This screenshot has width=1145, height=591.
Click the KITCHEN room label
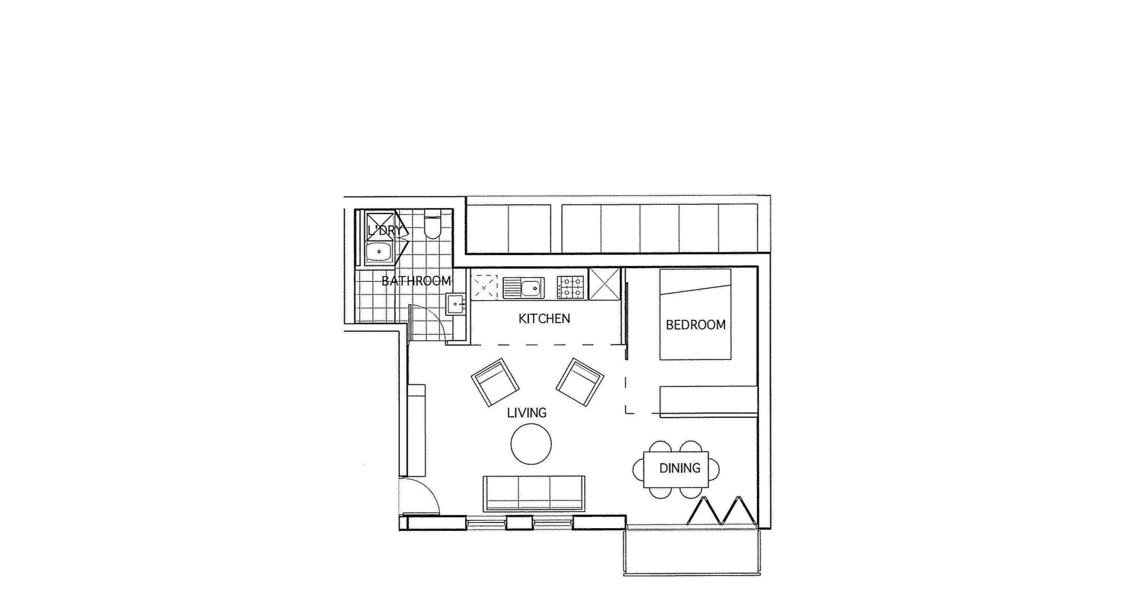pos(544,319)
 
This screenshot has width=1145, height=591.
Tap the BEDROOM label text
pos(695,325)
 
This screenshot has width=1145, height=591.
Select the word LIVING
pos(526,413)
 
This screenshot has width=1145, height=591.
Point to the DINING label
pos(679,468)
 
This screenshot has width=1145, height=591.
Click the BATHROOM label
pos(416,281)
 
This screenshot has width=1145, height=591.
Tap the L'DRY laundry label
pos(385,230)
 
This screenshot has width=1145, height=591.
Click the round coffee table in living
pos(530,444)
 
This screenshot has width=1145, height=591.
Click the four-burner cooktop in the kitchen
pos(571,288)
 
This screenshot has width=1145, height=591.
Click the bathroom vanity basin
pos(455,304)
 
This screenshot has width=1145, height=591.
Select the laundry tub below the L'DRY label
pos(379,252)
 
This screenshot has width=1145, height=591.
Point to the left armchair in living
pos(494,382)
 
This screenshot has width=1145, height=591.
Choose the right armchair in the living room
pos(580,382)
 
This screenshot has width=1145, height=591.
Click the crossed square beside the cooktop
pos(604,284)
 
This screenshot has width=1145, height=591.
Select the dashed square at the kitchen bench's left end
pos(484,287)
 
